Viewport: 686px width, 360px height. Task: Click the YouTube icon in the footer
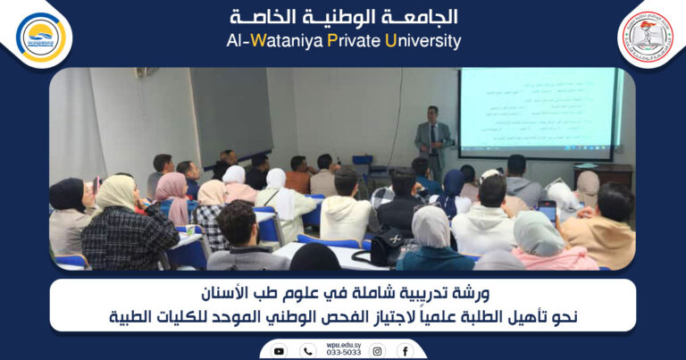(x=280, y=351)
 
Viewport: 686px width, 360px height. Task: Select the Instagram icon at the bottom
(x=377, y=351)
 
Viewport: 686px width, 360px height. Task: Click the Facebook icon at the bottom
(x=405, y=351)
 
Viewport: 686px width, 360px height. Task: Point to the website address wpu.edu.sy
(x=343, y=344)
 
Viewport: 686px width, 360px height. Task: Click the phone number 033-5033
(x=343, y=353)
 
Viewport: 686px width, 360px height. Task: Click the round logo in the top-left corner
(x=41, y=37)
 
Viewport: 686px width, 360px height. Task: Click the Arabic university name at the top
(x=343, y=17)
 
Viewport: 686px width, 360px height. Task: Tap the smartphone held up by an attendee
(x=547, y=211)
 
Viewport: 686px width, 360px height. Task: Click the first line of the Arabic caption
(x=343, y=294)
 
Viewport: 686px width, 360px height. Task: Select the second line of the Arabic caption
(x=343, y=316)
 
